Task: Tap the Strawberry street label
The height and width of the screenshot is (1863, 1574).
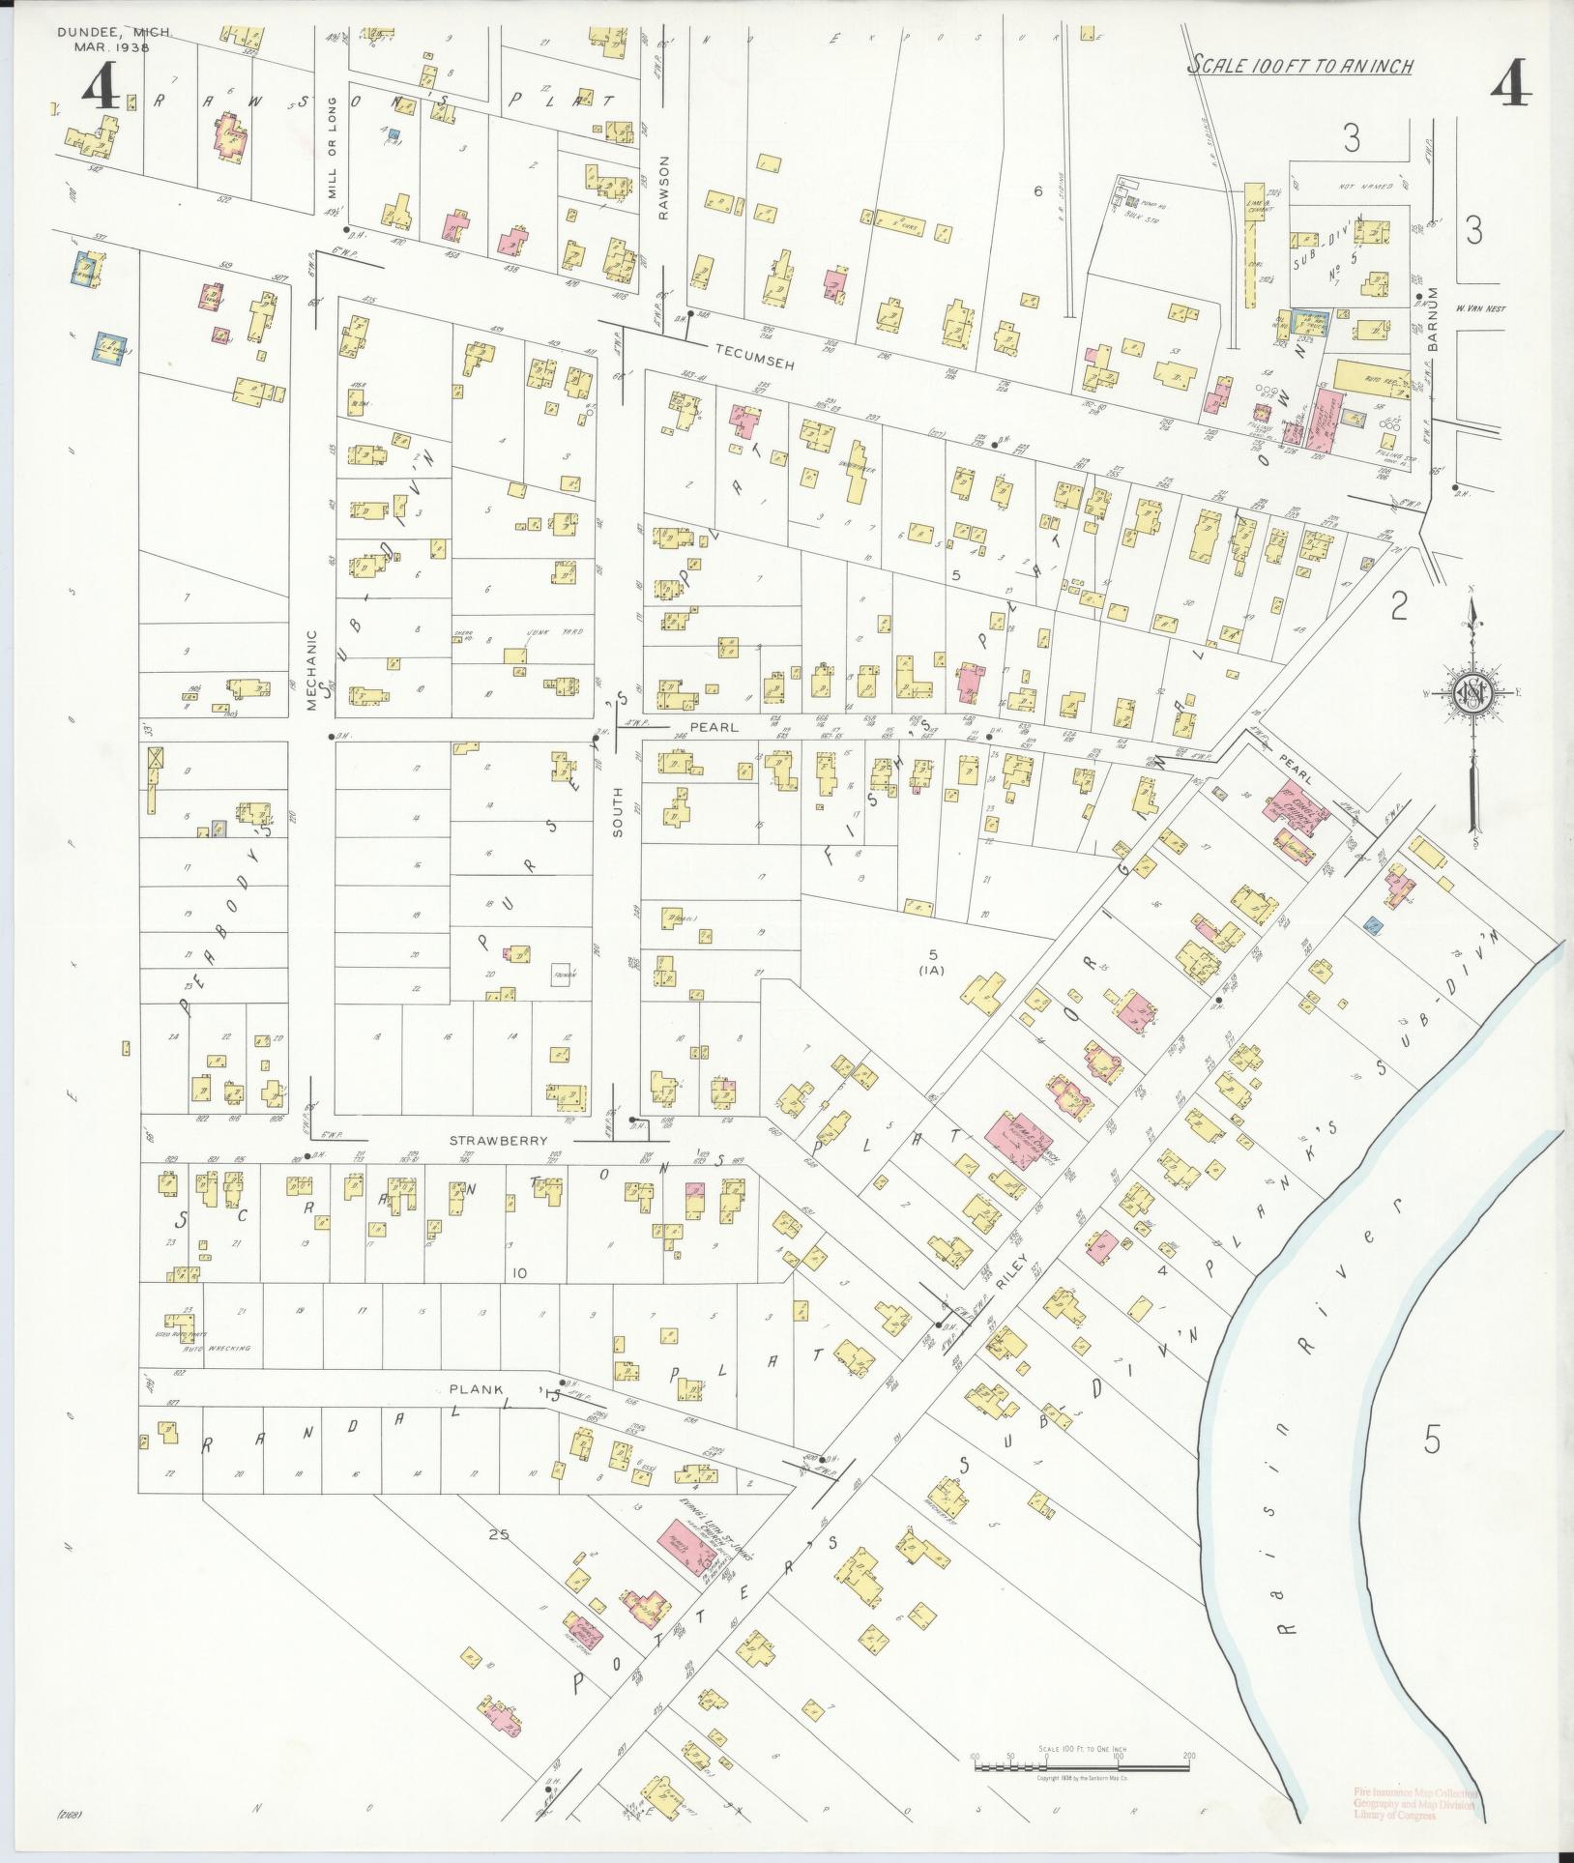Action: click(484, 1141)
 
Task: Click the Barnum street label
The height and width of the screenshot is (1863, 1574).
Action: click(1434, 319)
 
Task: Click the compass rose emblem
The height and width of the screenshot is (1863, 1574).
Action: click(1471, 692)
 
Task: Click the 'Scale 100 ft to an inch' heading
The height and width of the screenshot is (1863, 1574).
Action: click(1300, 66)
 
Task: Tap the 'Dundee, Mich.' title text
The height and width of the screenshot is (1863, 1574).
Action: click(114, 32)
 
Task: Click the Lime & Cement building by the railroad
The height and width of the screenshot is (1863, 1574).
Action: click(1255, 203)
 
